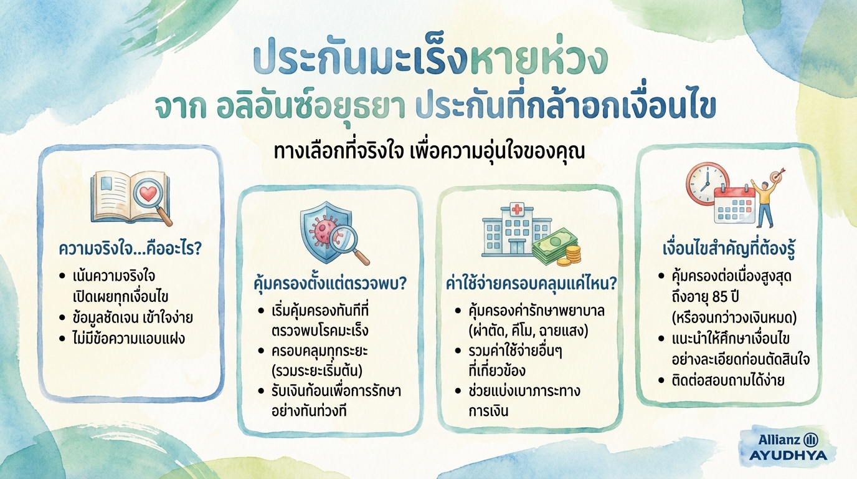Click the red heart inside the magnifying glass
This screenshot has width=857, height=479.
coord(148,194)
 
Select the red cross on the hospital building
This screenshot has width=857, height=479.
coord(516,210)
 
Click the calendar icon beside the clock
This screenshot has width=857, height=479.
coord(737,204)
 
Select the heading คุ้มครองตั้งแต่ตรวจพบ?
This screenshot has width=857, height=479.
coord(329,284)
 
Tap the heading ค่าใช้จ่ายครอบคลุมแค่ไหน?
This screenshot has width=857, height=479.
coord(531,284)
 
